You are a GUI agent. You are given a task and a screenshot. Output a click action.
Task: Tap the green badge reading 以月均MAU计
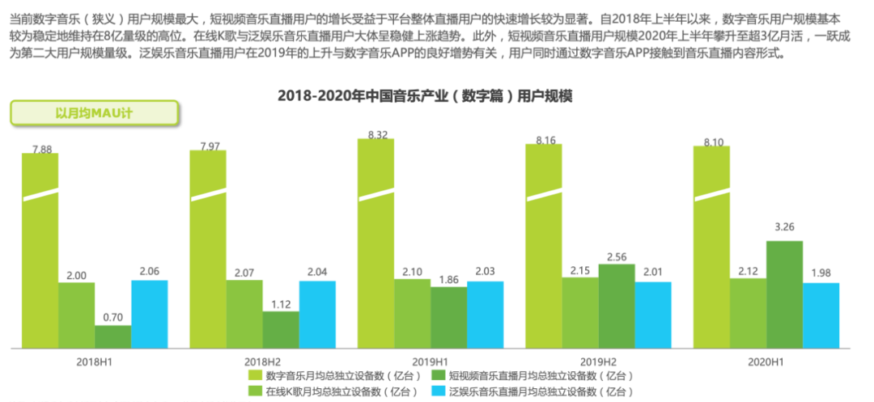pyautogui.click(x=94, y=112)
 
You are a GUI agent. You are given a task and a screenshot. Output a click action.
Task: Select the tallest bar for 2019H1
pyautogui.click(x=375, y=243)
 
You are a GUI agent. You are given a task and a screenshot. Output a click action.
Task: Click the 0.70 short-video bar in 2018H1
pyautogui.click(x=112, y=336)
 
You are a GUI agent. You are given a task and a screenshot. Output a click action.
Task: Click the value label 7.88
pyautogui.click(x=40, y=149)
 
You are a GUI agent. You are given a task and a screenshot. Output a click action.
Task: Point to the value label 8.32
pyautogui.click(x=376, y=134)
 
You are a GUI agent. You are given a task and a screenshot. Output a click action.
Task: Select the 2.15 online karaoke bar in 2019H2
pyautogui.click(x=580, y=312)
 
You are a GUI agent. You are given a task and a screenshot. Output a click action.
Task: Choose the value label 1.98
pyautogui.click(x=821, y=273)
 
